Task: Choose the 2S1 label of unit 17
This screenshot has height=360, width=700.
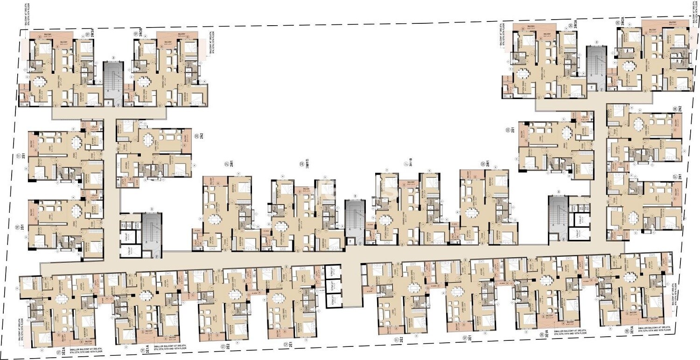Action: pyautogui.click(x=22, y=157)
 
